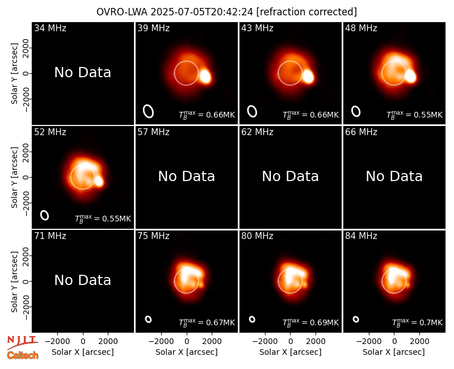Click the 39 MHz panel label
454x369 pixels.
pyautogui.click(x=153, y=28)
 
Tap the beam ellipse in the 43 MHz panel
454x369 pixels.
pyautogui.click(x=252, y=111)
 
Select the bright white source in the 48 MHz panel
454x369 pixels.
pyautogui.click(x=410, y=76)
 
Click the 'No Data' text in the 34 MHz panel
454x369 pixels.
pyautogui.click(x=82, y=73)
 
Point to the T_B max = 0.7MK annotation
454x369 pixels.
pyautogui.click(x=417, y=322)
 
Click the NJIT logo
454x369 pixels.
pyautogui.click(x=22, y=342)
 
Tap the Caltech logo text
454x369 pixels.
pyautogui.click(x=23, y=355)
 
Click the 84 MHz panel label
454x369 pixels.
pyautogui.click(x=361, y=236)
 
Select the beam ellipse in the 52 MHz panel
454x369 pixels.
pyautogui.click(x=45, y=215)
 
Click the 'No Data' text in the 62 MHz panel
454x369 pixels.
pyautogui.click(x=291, y=177)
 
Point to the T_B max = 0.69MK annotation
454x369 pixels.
pyautogui.click(x=310, y=322)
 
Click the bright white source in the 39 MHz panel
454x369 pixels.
pyautogui.click(x=205, y=76)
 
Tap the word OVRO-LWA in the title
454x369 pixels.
pyautogui.click(x=122, y=12)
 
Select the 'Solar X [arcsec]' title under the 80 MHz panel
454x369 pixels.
pyautogui.click(x=291, y=352)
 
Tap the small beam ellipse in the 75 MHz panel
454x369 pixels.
pyautogui.click(x=148, y=319)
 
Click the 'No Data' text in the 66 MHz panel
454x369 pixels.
pyautogui.click(x=394, y=177)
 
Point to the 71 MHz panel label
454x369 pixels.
pyautogui.click(x=50, y=236)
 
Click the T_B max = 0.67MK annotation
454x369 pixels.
pyautogui.click(x=207, y=322)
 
